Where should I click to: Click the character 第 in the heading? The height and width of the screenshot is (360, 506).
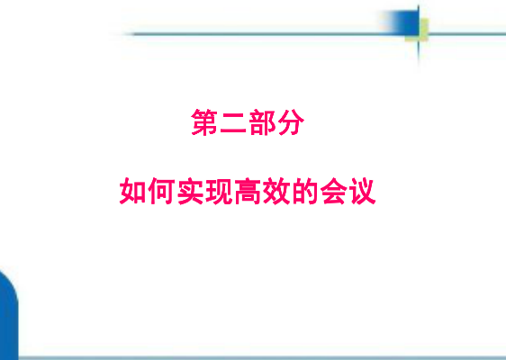click(204, 121)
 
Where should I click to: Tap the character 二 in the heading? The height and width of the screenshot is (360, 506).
click(233, 121)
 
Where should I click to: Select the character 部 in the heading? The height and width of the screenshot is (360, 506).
click(262, 121)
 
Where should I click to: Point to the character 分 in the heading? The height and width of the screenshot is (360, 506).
click(291, 121)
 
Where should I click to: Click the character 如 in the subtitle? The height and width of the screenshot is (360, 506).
click(133, 191)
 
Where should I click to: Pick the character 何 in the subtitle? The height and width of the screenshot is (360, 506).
click(162, 191)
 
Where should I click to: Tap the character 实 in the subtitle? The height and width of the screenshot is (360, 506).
click(190, 191)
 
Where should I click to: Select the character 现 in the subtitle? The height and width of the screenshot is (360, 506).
click(219, 191)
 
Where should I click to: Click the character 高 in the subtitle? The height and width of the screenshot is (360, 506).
click(248, 191)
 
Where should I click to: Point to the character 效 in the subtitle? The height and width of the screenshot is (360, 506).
click(276, 191)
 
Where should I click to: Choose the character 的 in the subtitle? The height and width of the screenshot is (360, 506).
click(305, 191)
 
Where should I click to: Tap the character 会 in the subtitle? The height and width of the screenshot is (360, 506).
click(334, 191)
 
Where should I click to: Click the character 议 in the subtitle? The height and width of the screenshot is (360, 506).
click(363, 191)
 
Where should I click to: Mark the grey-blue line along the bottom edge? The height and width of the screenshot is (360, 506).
click(262, 358)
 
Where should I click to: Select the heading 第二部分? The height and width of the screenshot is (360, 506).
click(248, 121)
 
